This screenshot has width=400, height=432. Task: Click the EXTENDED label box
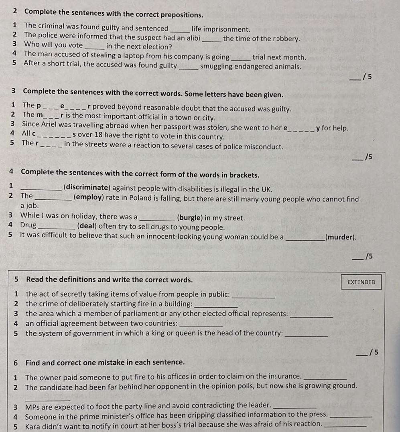click(x=361, y=282)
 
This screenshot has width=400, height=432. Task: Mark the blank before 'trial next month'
click(x=241, y=58)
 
